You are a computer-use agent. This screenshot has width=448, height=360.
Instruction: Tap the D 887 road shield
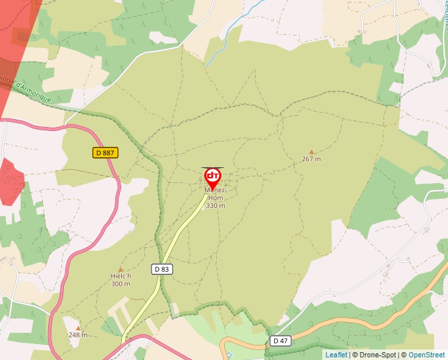point(105,153)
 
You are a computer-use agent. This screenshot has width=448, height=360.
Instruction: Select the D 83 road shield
point(161,269)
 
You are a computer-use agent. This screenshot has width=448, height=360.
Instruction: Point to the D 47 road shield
point(280,340)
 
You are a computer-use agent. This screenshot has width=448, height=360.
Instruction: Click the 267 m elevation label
point(311,159)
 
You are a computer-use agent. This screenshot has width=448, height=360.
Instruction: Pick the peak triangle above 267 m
point(312,151)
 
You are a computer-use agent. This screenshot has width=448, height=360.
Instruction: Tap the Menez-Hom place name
point(215,193)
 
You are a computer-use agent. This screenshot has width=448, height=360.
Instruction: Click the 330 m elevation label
point(215,205)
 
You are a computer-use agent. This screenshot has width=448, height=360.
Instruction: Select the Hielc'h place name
point(121,276)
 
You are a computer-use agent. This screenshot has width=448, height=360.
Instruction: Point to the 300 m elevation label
point(121,284)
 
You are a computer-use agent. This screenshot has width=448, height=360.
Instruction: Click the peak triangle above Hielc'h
point(121,269)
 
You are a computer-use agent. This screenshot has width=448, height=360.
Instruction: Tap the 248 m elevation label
point(78,334)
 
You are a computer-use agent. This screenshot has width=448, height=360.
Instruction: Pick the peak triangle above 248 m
point(78,327)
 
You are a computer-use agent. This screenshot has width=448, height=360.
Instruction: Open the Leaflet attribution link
point(336,355)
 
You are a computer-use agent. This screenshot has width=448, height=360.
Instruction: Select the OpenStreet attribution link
point(426,355)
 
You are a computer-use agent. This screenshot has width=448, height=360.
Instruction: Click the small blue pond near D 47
point(229,355)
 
